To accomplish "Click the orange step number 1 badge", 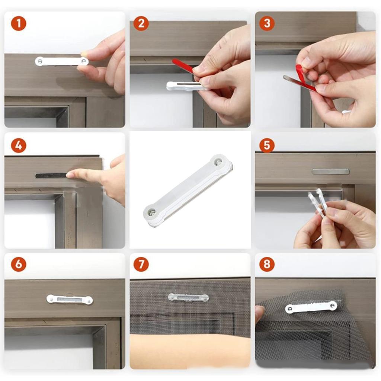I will pyautogui.click(x=19, y=23).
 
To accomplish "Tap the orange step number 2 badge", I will pyautogui.click(x=141, y=23).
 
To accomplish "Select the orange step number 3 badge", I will pyautogui.click(x=267, y=23).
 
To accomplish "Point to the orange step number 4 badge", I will pyautogui.click(x=19, y=145).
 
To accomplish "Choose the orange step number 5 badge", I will pyautogui.click(x=267, y=145).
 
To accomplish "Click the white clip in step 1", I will pyautogui.click(x=61, y=61).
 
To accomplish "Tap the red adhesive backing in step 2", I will pyautogui.click(x=182, y=66).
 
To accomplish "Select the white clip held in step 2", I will pyautogui.click(x=182, y=86).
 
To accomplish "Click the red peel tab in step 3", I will pyautogui.click(x=300, y=74).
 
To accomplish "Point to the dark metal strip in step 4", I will pyautogui.click(x=51, y=175).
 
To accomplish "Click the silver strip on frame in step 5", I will pyautogui.click(x=330, y=172).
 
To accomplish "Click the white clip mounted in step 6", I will pyautogui.click(x=70, y=299).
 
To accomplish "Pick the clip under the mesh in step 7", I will pyautogui.click(x=188, y=297).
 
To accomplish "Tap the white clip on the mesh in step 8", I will pyautogui.click(x=311, y=307).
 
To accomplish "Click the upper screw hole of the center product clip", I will pyautogui.click(x=218, y=162).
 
